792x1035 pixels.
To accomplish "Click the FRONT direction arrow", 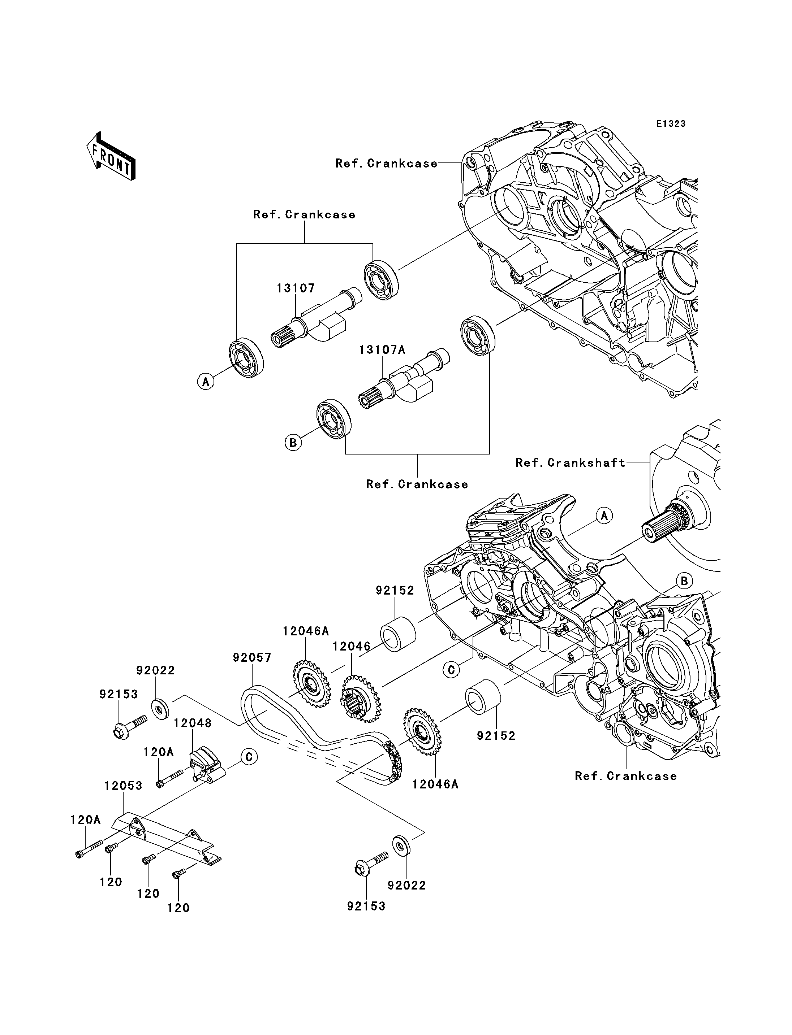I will pyautogui.click(x=111, y=157).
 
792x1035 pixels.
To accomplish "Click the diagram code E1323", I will pyautogui.click(x=671, y=124).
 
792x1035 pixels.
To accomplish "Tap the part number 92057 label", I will pyautogui.click(x=252, y=657).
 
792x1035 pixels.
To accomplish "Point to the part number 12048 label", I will pyautogui.click(x=192, y=723).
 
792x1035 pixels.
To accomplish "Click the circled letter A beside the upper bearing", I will pyautogui.click(x=206, y=381).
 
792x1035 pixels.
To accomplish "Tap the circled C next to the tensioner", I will pyautogui.click(x=249, y=757).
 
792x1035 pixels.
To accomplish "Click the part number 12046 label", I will pyautogui.click(x=351, y=646).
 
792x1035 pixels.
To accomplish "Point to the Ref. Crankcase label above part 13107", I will pyautogui.click(x=304, y=214).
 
